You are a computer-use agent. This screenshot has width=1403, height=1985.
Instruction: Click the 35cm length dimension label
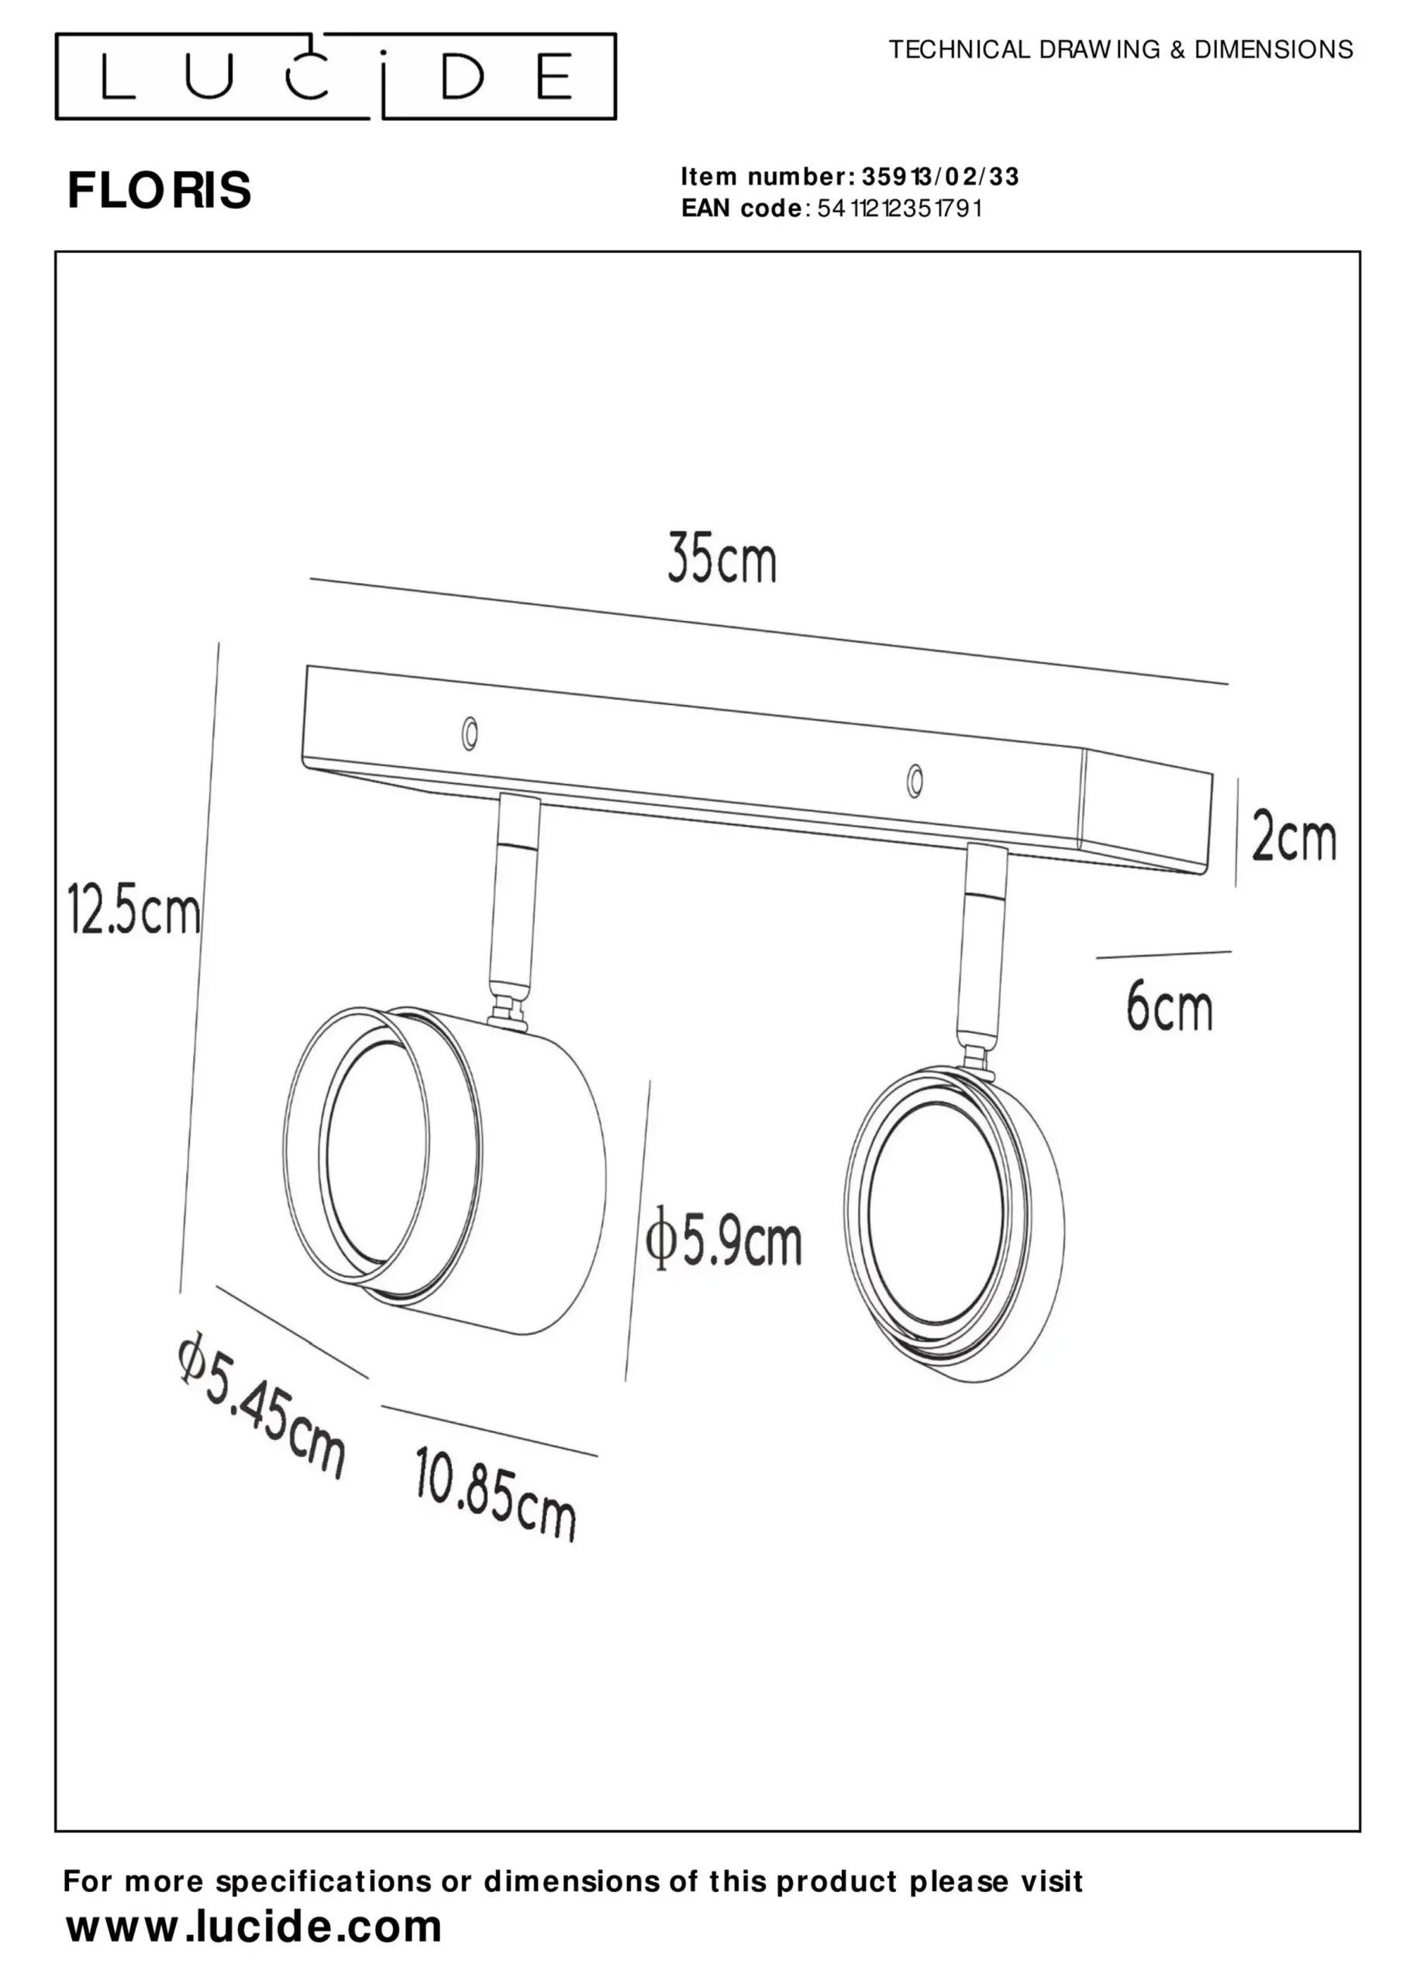click(722, 561)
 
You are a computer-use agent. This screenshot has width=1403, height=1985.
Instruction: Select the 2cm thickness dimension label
click(1294, 837)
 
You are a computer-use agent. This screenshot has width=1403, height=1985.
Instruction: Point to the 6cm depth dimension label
click(1169, 1007)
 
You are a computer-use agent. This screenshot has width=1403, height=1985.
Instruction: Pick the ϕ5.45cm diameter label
click(261, 1404)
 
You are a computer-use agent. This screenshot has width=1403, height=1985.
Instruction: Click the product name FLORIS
click(159, 190)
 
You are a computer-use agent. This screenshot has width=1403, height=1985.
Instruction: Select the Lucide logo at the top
click(336, 76)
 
